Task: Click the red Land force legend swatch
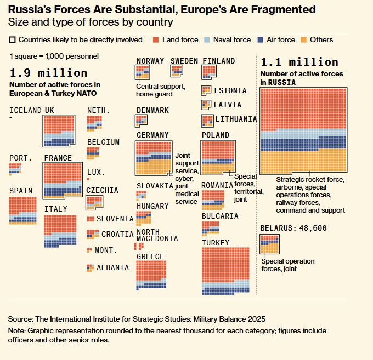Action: pos(156,39)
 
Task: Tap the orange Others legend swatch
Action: pos(304,39)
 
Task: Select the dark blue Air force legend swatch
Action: pos(261,39)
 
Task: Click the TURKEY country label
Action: pos(216,243)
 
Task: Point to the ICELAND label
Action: pos(25,110)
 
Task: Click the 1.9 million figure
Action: pos(48,73)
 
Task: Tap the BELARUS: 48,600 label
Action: pos(293,228)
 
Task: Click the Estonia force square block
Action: pos(206,90)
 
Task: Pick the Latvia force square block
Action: pos(206,104)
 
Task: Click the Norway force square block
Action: pos(143,72)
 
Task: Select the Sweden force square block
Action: pos(177,71)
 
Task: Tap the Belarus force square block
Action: pos(269,243)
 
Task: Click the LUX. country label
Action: pos(96,172)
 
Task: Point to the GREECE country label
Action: pos(150,256)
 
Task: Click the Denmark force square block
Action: pos(141,121)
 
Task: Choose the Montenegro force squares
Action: pos(89,250)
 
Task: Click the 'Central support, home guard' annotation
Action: pos(161,90)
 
